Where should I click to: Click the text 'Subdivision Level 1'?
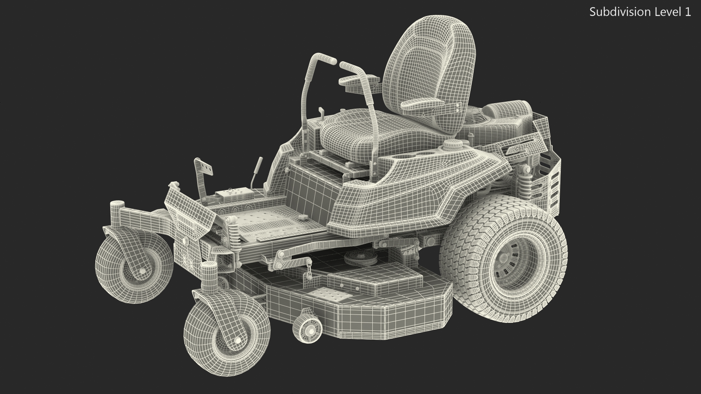pos(640,12)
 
